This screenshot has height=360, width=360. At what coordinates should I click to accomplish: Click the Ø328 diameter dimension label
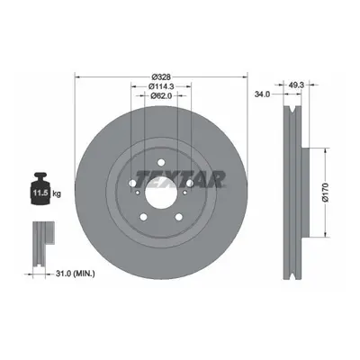pos(161,76)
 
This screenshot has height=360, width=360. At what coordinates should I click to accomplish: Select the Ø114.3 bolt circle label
pos(161,86)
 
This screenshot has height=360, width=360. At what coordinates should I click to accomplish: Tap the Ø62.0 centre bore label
pos(161,95)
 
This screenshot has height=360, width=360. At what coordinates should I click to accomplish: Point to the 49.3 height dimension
pos(296,85)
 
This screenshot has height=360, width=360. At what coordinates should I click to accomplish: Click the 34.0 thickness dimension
pos(262,94)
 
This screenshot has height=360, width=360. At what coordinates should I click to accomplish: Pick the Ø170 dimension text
pos(326,192)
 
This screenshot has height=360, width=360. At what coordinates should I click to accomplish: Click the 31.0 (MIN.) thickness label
pos(76,274)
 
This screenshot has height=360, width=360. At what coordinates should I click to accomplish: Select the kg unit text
pos(57,193)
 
